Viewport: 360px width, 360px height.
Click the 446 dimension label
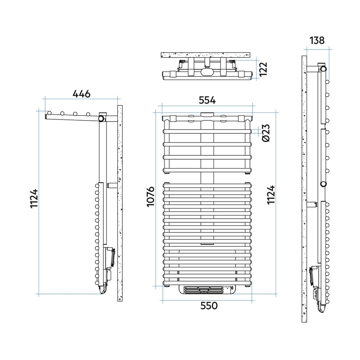click(x=81, y=94)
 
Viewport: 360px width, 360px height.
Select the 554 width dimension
click(x=207, y=100)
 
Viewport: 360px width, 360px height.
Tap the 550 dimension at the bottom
click(x=209, y=306)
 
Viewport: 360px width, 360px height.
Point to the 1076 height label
click(x=151, y=197)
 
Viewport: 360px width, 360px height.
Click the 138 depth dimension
click(x=317, y=40)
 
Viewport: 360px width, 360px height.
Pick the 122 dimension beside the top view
click(x=263, y=69)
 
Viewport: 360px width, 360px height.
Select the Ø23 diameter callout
click(x=266, y=133)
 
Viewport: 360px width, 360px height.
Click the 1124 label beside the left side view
click(x=34, y=198)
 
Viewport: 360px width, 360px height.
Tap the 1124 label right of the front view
click(x=271, y=195)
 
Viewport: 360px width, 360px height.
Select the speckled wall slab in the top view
click(x=205, y=55)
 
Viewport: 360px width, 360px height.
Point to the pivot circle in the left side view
click(x=101, y=119)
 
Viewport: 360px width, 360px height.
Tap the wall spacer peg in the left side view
click(x=112, y=185)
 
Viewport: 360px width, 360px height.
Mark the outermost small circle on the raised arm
click(x=50, y=113)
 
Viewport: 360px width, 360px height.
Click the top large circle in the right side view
click(x=324, y=69)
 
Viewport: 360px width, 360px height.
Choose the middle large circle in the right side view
click(x=323, y=184)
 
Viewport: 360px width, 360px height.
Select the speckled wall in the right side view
click(x=304, y=189)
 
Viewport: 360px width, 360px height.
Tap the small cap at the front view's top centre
click(x=207, y=114)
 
